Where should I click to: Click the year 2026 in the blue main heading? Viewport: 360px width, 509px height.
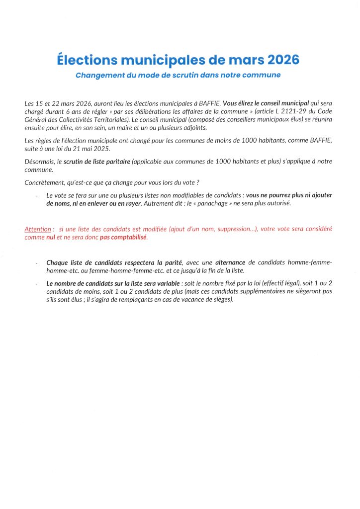pyautogui.click(x=283, y=60)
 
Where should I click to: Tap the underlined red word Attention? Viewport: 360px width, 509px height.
pyautogui.click(x=38, y=229)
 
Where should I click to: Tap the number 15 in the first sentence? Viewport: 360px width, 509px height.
pyautogui.click(x=41, y=104)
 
